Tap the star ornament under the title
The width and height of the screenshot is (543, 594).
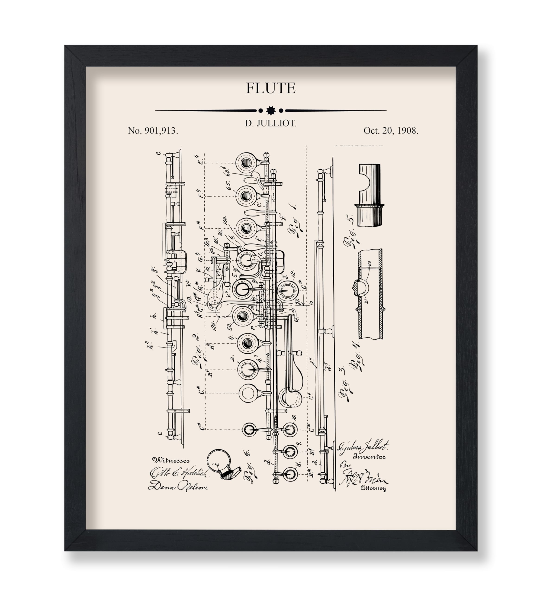pyautogui.click(x=271, y=110)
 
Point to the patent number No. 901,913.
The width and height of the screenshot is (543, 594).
pyautogui.click(x=153, y=131)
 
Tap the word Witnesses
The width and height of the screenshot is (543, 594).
pyautogui.click(x=171, y=460)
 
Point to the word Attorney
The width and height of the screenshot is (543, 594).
pyautogui.click(x=373, y=488)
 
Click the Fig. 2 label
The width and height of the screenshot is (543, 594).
pyautogui.click(x=200, y=351)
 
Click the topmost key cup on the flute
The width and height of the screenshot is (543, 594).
pyautogui.click(x=246, y=162)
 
